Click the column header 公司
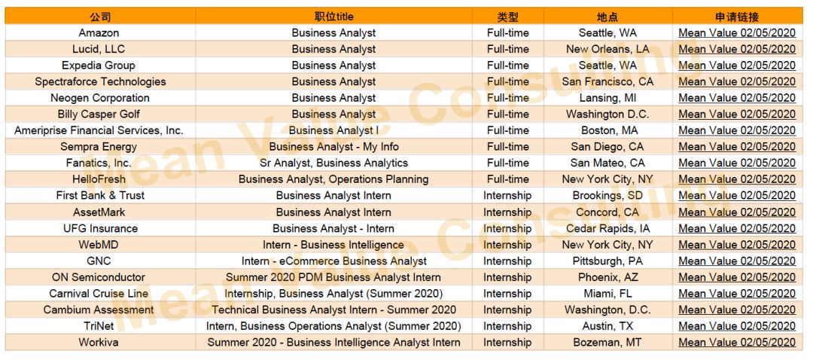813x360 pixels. coord(99,17)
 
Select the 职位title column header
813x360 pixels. coord(333,17)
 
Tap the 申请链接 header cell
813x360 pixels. coord(737,17)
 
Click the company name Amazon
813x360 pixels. coord(99,32)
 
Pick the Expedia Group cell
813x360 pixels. coord(99,66)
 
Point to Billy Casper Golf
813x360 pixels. coord(99,114)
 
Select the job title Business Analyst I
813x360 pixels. coord(333,130)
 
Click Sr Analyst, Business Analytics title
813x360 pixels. coord(333,163)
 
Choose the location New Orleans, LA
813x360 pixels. coord(607,49)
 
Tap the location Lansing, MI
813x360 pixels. coord(607,98)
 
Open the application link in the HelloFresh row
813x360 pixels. coord(737,179)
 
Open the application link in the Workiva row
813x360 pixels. coord(737,343)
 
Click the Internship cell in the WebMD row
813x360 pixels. coord(507,244)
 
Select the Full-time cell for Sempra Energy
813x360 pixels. coord(507,147)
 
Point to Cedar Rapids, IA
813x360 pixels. coord(607,228)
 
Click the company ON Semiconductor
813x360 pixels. coord(99,277)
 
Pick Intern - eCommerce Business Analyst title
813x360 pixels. coord(333,261)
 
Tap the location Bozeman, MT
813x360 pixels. coord(607,343)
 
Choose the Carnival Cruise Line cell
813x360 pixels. coord(99,294)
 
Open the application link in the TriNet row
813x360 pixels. coord(737,326)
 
